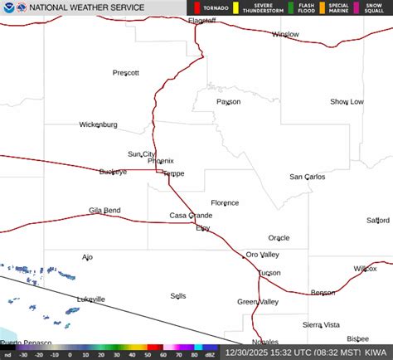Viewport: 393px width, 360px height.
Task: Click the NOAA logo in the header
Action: (x=8, y=7)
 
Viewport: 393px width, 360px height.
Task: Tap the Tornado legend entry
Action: (x=215, y=7)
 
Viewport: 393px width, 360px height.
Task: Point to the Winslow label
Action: (x=285, y=35)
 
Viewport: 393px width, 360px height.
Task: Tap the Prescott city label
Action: (x=126, y=73)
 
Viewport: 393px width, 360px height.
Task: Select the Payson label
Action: (x=228, y=102)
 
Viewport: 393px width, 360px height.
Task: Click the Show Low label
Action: (x=347, y=102)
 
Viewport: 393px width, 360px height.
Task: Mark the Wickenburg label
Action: (x=98, y=124)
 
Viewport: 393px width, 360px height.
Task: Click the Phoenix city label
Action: (x=161, y=161)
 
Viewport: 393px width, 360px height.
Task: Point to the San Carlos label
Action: (x=307, y=177)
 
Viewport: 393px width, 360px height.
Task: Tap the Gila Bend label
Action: (x=104, y=211)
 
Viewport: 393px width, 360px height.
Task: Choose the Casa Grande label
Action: (x=191, y=216)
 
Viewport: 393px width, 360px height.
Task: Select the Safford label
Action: (x=378, y=221)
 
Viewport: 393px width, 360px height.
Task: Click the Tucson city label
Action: (x=269, y=273)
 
